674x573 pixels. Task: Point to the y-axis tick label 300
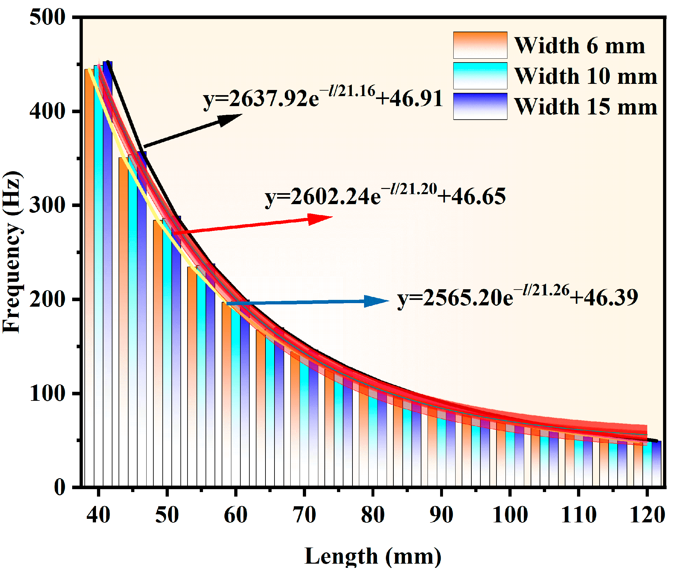click(x=47, y=205)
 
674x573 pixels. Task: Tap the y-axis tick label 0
click(x=59, y=487)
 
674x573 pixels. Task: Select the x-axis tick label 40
click(x=98, y=515)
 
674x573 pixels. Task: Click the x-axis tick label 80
click(x=372, y=515)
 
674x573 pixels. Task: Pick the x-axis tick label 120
click(x=647, y=515)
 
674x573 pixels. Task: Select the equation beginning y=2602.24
click(x=385, y=196)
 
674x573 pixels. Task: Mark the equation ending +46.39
click(x=518, y=297)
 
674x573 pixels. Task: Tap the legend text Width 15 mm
click(x=585, y=107)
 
